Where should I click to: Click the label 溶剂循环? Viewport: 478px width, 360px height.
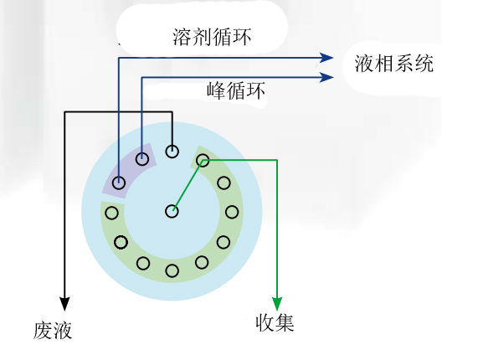point(212,37)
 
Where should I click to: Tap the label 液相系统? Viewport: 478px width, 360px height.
point(393,64)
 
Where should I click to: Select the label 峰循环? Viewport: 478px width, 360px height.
point(235,90)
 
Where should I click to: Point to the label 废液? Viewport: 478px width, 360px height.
point(53,331)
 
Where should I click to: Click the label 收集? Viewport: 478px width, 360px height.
point(275,323)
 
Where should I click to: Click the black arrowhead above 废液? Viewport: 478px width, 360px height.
point(64,304)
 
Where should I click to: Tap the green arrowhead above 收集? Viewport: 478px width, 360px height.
point(277,304)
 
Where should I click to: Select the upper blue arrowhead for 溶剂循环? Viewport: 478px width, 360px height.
point(326,57)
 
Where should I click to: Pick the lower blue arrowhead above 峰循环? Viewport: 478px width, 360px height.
point(326,77)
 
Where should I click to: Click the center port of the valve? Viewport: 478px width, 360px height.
point(172,211)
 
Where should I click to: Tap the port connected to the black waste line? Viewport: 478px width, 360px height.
point(172,152)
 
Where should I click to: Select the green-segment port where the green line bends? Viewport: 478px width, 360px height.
point(203,161)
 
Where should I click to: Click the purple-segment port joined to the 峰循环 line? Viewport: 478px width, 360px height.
point(141,159)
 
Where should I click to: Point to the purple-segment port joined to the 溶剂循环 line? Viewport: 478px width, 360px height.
point(119,183)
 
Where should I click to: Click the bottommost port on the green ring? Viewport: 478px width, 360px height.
point(172,270)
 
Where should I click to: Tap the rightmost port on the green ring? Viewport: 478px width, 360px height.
point(232,212)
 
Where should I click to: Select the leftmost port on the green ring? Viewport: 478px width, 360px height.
point(111,213)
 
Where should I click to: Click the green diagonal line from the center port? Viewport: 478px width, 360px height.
point(188,186)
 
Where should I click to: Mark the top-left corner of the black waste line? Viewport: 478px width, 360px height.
point(64,112)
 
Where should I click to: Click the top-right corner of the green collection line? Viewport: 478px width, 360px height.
point(277,160)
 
